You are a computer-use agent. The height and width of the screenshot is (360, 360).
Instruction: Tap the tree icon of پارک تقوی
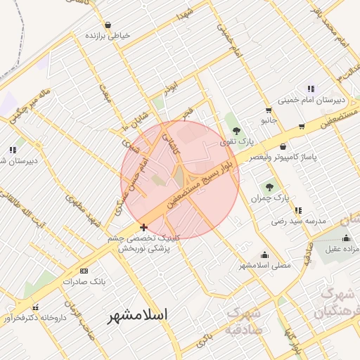(x=236, y=130)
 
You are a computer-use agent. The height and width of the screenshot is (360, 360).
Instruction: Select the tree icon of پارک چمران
(x=269, y=186)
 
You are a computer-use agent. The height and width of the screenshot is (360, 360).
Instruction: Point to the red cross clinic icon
(x=143, y=226)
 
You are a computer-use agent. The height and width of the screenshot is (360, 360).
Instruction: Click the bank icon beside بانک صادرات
(x=84, y=271)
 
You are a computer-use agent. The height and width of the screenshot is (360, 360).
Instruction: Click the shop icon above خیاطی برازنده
(x=108, y=25)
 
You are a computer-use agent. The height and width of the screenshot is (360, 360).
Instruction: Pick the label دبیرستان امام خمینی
(x=309, y=100)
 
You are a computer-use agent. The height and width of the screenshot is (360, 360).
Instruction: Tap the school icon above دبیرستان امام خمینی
(x=311, y=89)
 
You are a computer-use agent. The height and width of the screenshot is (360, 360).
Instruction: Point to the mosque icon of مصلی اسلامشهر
(x=264, y=255)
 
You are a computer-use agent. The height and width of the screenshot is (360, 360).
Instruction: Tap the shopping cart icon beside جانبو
(x=269, y=110)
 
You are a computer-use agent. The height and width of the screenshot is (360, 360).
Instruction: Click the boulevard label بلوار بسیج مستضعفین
(x=204, y=184)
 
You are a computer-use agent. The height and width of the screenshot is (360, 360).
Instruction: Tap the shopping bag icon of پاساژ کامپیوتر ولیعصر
(x=283, y=146)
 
